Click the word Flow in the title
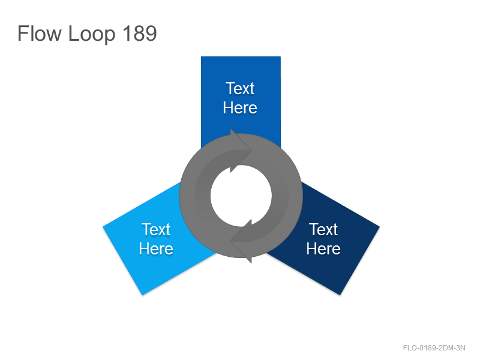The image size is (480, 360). pos(40,33)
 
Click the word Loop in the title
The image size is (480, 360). pos(92,34)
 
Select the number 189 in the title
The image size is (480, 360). pos(140,33)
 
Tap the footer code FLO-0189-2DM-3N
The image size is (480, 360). pos(434,348)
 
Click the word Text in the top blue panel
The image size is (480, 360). pos(240,88)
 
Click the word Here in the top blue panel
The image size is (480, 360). pos(240,108)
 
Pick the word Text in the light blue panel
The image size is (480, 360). pos(156,229)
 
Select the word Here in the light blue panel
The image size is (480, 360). pos(156,248)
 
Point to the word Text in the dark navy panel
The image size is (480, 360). pos(323,229)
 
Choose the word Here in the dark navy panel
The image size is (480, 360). pos(323,248)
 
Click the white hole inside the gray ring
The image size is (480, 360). pos(241,196)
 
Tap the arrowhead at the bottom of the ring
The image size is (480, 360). pos(241,242)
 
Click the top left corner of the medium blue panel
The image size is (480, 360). pos(201,56)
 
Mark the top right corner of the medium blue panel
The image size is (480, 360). pos(280,56)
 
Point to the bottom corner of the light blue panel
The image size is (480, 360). pos(143,295)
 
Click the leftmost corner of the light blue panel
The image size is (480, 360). pos(103,227)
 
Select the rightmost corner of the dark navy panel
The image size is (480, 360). pos(380,227)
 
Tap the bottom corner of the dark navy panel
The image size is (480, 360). pos(340,295)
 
